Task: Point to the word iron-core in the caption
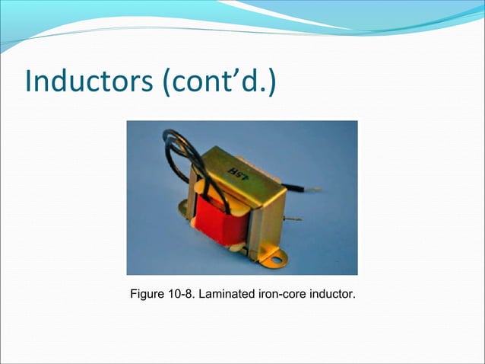click(x=277, y=293)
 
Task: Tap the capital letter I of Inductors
click(x=30, y=81)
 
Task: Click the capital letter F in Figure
click(x=135, y=293)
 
